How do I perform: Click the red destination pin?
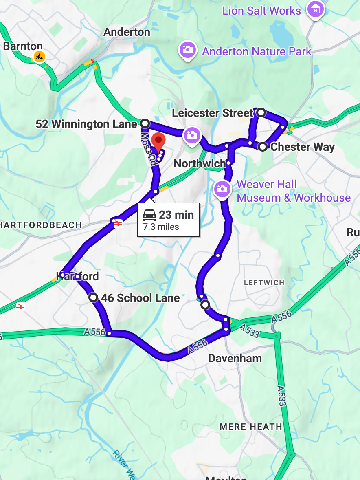click(158, 142)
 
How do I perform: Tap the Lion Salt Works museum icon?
click(316, 9)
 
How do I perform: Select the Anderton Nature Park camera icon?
click(187, 50)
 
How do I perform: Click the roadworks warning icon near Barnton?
click(39, 55)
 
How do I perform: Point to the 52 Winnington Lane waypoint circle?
click(145, 123)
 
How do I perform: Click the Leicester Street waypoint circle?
click(260, 112)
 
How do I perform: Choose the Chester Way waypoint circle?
click(263, 146)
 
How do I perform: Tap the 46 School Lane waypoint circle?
click(94, 297)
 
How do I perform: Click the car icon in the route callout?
click(149, 215)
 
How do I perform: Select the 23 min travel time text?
click(176, 215)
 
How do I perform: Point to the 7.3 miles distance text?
click(161, 227)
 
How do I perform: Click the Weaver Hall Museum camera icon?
click(222, 188)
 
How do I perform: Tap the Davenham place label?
click(235, 359)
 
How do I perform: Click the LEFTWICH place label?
click(264, 282)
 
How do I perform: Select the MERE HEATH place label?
click(251, 427)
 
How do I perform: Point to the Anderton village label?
click(127, 32)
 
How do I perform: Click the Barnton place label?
click(23, 46)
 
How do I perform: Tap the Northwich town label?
click(200, 164)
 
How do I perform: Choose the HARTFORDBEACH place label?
click(41, 225)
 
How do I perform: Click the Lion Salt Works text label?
click(261, 11)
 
